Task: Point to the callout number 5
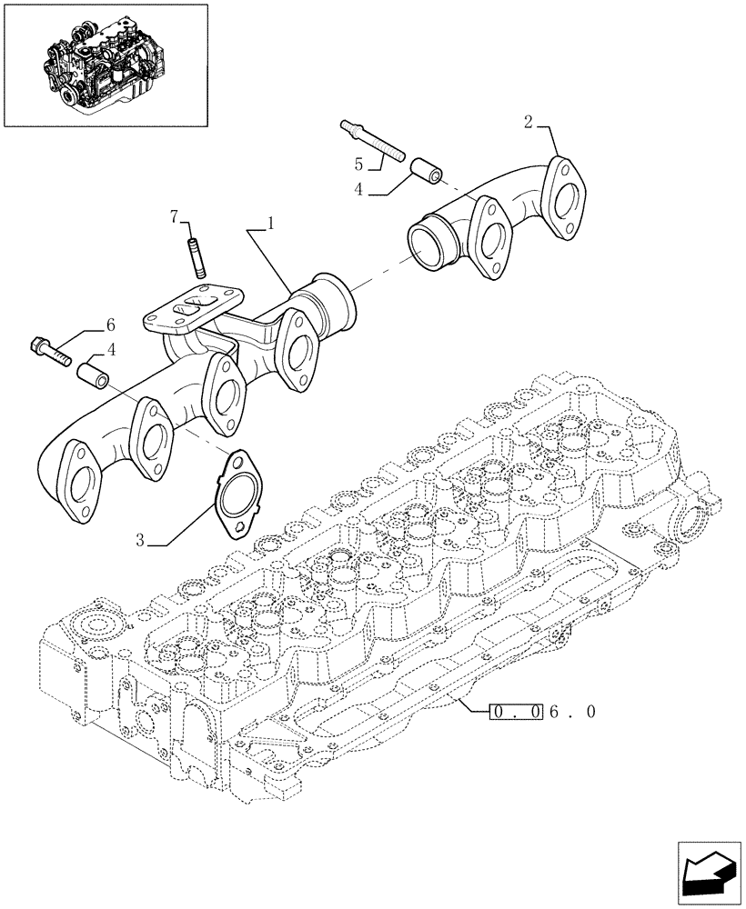(358, 164)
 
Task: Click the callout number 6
(110, 325)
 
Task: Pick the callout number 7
(174, 215)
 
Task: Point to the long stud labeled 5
(372, 142)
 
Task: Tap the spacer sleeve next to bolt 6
(92, 374)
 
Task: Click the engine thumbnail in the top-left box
(104, 65)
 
